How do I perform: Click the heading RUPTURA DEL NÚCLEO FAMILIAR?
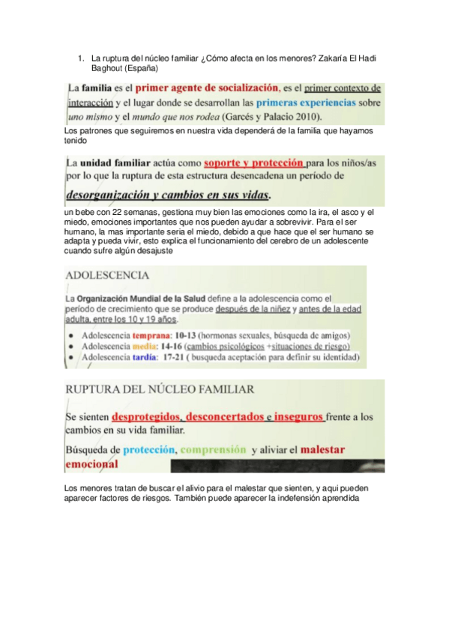(159, 389)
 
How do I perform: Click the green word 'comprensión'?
(213, 450)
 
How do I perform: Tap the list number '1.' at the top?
(81, 58)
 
